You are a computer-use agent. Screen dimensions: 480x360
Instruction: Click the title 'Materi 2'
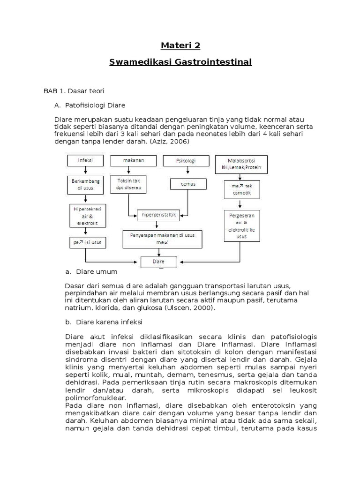[x=180, y=45]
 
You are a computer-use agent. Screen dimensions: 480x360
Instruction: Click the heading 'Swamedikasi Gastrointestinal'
[x=180, y=62]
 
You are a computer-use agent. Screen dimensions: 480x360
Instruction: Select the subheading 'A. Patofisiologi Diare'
[x=90, y=105]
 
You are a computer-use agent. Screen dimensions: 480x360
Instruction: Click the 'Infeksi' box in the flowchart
[x=85, y=160]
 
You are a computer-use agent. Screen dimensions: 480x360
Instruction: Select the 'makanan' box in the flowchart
[x=133, y=160]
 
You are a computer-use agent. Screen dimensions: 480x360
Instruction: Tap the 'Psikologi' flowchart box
[x=179, y=161]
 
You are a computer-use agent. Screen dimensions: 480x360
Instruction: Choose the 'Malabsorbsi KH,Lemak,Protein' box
[x=241, y=164]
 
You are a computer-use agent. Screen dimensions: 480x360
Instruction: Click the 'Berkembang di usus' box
[x=85, y=184]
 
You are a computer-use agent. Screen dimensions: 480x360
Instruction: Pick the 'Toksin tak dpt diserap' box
[x=128, y=184]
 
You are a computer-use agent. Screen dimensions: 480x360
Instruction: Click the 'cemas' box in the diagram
[x=187, y=184]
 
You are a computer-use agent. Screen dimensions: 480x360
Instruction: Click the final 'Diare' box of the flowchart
[x=159, y=262]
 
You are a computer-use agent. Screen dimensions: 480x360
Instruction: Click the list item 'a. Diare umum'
[x=91, y=272]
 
